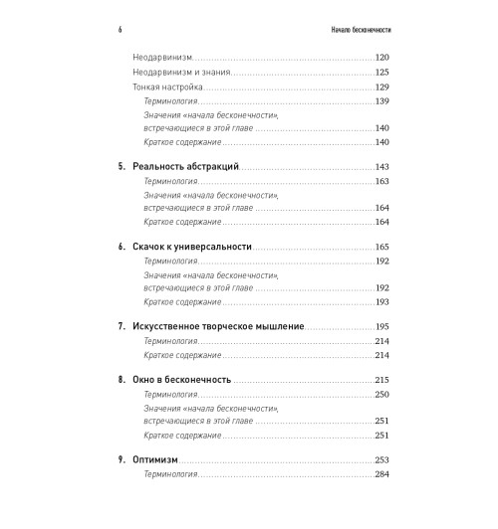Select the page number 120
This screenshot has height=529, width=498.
click(x=378, y=60)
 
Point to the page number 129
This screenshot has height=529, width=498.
click(x=378, y=88)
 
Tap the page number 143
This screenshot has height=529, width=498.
click(x=378, y=166)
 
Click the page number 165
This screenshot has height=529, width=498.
click(x=378, y=246)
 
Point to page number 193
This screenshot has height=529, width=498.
click(x=378, y=301)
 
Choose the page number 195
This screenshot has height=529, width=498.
click(x=378, y=326)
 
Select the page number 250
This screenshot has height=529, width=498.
click(x=378, y=395)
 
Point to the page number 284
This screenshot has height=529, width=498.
click(x=378, y=474)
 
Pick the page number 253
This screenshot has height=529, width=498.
click(x=378, y=459)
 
